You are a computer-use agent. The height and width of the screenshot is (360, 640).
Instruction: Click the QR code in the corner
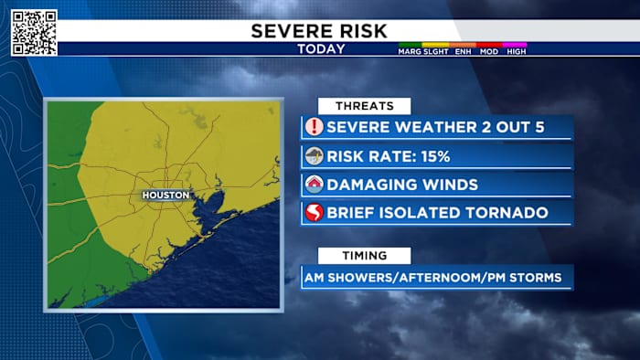(34, 33)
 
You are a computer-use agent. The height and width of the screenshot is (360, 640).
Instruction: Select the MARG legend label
(409, 52)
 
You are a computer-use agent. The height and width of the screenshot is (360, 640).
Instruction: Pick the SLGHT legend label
(435, 52)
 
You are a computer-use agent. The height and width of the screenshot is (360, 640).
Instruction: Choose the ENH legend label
(463, 52)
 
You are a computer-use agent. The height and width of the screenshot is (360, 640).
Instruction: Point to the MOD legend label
(489, 52)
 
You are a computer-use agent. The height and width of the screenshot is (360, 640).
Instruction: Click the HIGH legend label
(516, 52)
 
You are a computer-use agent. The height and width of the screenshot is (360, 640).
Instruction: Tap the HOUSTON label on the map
(165, 196)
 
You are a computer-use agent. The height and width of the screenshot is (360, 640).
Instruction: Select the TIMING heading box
(364, 256)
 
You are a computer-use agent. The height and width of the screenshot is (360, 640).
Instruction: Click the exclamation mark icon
(315, 127)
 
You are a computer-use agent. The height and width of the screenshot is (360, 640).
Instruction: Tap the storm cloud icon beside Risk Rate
(315, 156)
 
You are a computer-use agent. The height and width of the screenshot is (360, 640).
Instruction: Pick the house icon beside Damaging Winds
(315, 185)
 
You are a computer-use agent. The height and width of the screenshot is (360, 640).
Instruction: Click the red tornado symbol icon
(315, 213)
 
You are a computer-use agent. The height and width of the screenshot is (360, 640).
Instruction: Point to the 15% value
(434, 156)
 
